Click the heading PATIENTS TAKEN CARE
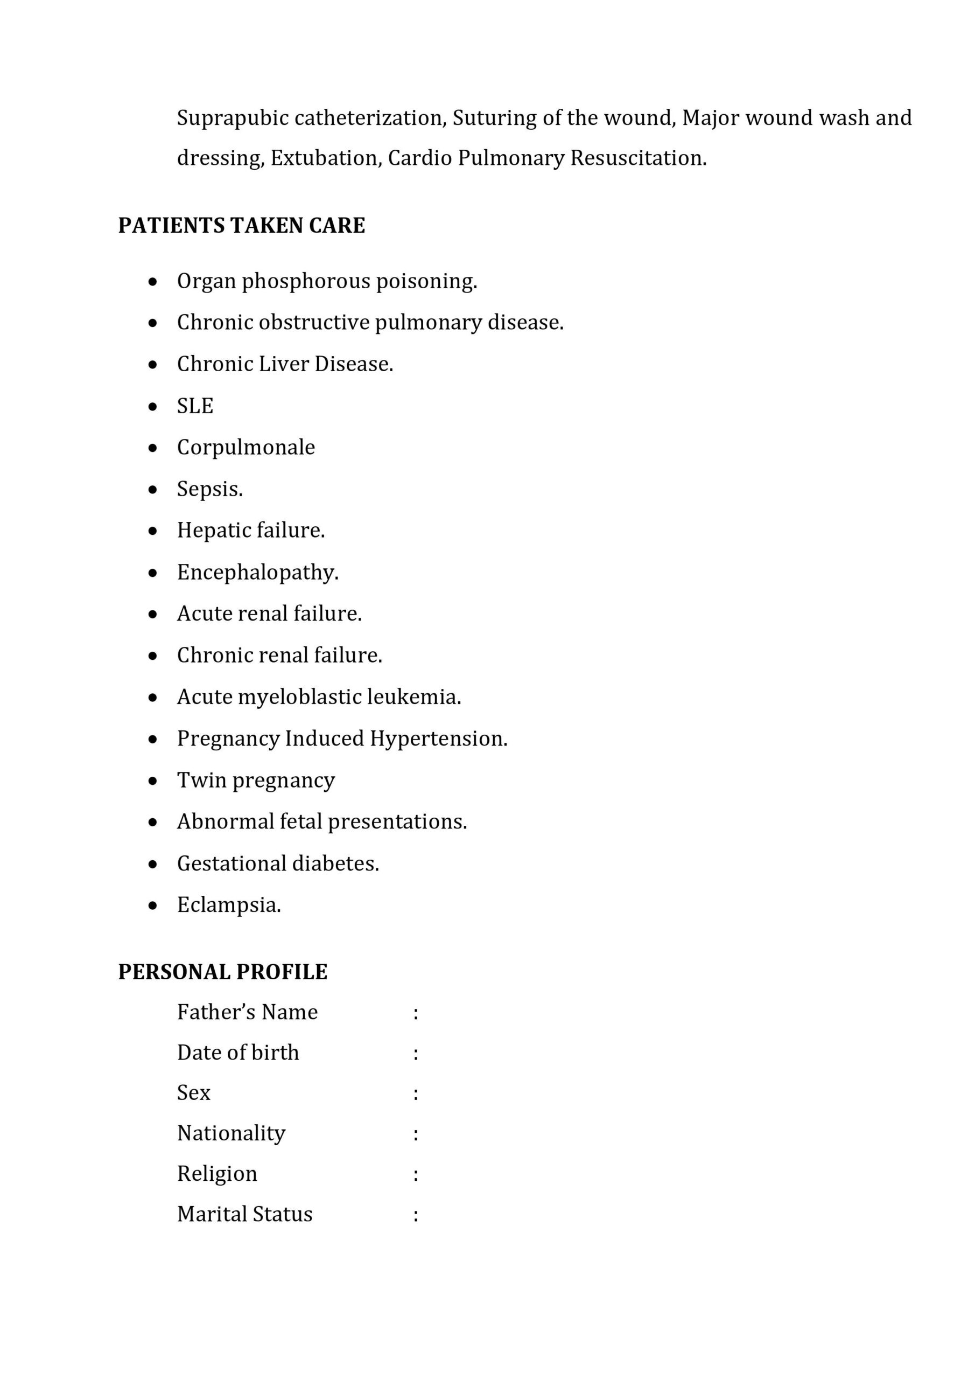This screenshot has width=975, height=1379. pyautogui.click(x=241, y=225)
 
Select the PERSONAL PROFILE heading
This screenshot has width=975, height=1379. pyautogui.click(x=223, y=972)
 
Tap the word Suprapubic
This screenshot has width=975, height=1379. pyautogui.click(x=233, y=119)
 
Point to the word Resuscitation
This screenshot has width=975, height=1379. pyautogui.click(x=637, y=158)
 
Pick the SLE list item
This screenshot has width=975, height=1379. pyautogui.click(x=195, y=406)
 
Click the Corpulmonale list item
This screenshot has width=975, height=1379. pyautogui.click(x=245, y=448)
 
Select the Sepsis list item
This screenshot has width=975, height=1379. pyautogui.click(x=209, y=489)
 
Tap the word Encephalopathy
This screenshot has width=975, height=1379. pyautogui.click(x=257, y=573)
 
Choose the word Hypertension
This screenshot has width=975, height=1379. pyautogui.click(x=438, y=738)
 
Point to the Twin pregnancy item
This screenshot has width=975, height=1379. pyautogui.click(x=256, y=780)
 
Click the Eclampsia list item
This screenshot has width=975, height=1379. pyautogui.click(x=229, y=904)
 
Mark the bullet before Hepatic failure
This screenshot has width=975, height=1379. pyautogui.click(x=153, y=531)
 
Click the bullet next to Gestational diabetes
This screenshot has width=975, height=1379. pyautogui.click(x=153, y=864)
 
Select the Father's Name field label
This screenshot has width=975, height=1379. pyautogui.click(x=247, y=1012)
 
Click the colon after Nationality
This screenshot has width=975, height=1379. pyautogui.click(x=416, y=1134)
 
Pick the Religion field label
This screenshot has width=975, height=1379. pyautogui.click(x=217, y=1174)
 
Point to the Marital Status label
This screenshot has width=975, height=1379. pyautogui.click(x=245, y=1214)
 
